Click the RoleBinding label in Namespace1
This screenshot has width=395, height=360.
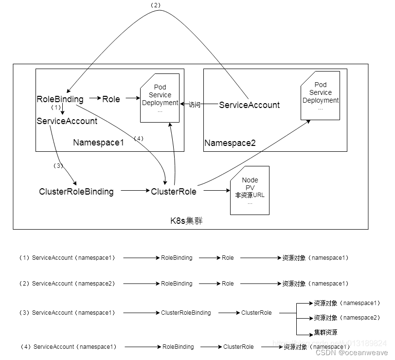[60, 99]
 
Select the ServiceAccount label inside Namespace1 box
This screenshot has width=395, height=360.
[67, 121]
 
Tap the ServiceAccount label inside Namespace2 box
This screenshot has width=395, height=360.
[249, 105]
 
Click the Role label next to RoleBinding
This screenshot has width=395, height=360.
[111, 99]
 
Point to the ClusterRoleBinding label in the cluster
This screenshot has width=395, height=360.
[76, 192]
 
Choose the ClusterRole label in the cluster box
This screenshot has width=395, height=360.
[174, 192]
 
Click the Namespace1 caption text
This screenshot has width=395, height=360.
[99, 143]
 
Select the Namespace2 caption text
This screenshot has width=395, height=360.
[230, 143]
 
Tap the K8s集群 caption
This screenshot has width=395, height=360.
[186, 220]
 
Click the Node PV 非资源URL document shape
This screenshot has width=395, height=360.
[250, 191]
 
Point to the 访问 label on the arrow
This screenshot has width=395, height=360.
[195, 105]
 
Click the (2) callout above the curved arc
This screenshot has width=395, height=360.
[156, 5]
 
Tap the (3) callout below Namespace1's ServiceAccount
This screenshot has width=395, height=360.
[58, 165]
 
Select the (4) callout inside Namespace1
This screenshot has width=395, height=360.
[138, 139]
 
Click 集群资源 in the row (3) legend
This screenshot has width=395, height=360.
[325, 333]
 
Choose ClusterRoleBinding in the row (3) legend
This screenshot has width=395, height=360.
[186, 313]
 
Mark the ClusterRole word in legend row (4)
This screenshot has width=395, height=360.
[238, 347]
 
